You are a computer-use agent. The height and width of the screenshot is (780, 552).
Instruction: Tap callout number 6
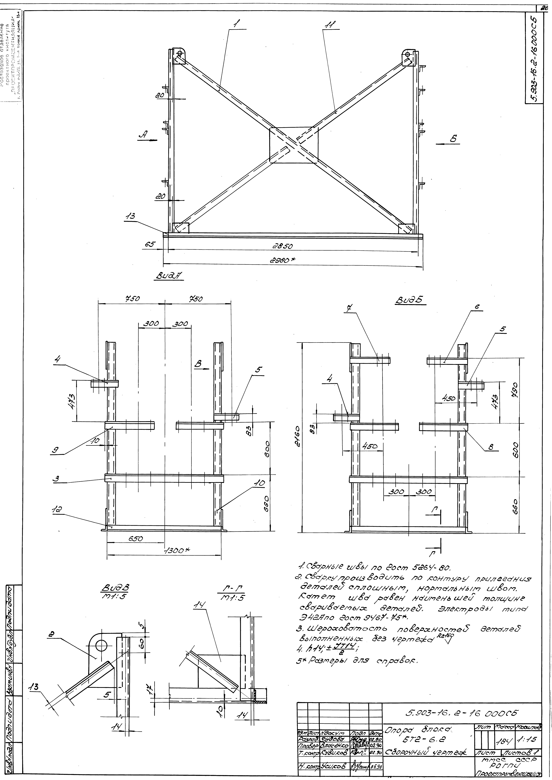point(477,307)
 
